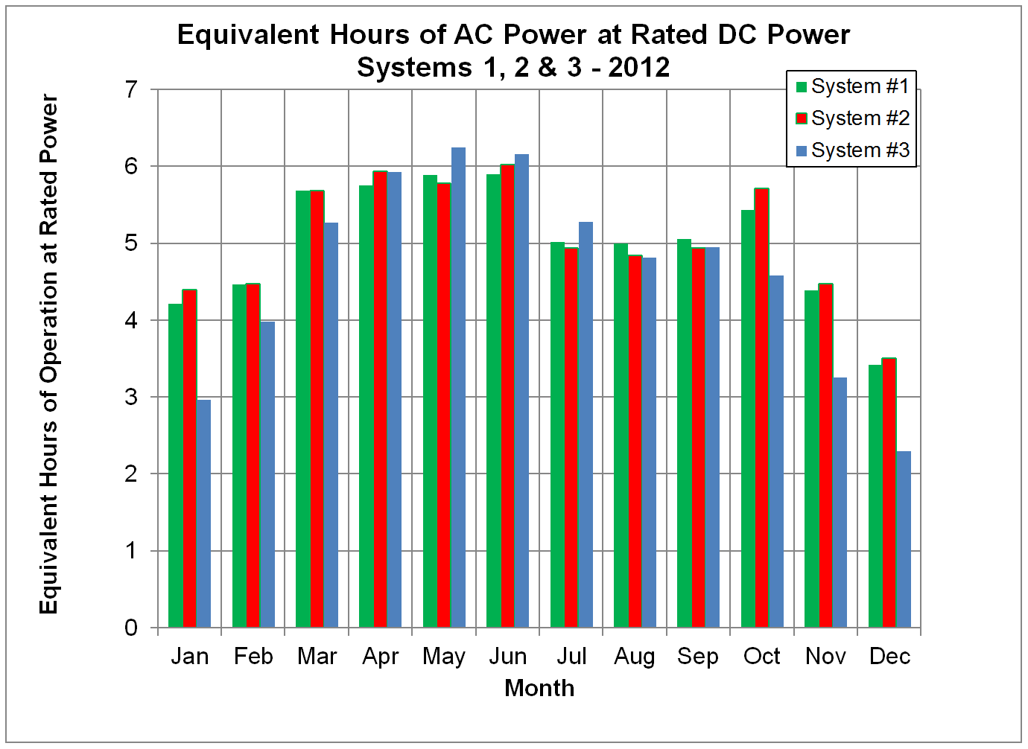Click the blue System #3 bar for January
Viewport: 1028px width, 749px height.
coord(204,514)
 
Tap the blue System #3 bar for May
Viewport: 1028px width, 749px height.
coord(459,387)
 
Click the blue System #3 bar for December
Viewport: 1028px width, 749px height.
coord(904,539)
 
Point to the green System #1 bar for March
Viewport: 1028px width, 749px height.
coord(303,409)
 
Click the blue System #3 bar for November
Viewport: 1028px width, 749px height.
coord(840,503)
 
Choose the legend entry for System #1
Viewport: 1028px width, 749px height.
coord(852,86)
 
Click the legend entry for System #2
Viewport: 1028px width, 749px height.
coord(852,118)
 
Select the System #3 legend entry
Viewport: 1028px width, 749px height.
coord(852,150)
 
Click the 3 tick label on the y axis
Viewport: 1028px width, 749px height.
coord(132,397)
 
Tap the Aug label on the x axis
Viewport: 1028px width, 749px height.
coord(635,657)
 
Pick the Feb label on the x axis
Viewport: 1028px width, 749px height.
coord(253,657)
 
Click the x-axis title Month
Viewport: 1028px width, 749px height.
coord(539,688)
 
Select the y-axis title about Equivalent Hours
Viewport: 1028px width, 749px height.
coord(48,354)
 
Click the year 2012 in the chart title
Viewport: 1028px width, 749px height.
coord(639,68)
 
